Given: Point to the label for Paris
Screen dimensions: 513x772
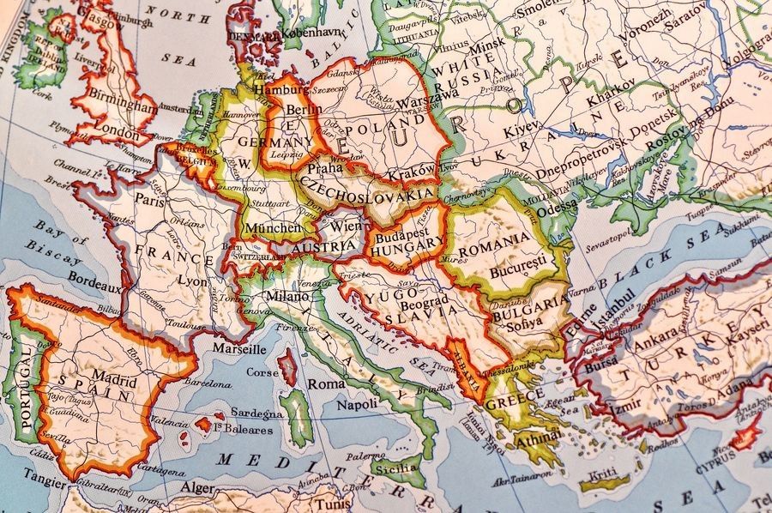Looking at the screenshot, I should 148,199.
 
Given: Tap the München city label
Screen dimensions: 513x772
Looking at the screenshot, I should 272,228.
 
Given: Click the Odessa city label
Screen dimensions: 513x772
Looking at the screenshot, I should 557,206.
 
